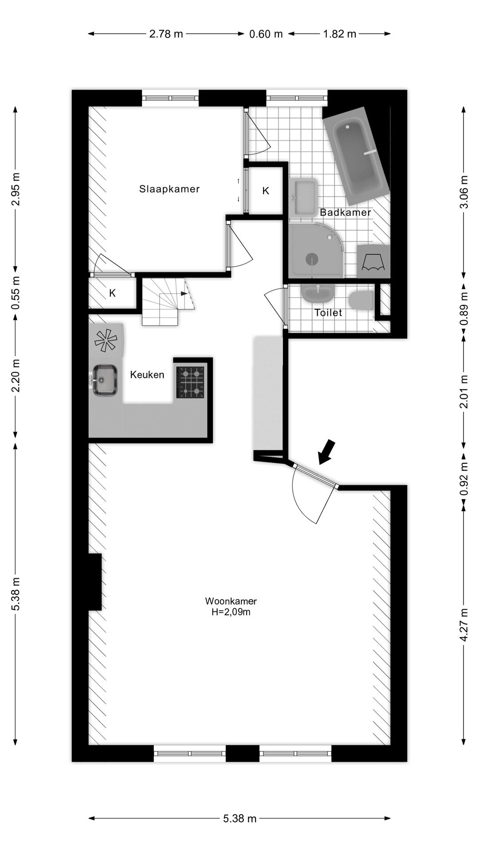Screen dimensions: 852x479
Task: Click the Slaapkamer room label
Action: [169, 189]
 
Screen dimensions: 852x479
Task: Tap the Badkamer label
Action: [345, 213]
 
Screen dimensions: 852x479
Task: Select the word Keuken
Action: [147, 375]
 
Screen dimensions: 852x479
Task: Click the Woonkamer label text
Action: [231, 601]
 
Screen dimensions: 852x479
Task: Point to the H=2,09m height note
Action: [231, 612]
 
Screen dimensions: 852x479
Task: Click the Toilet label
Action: [328, 313]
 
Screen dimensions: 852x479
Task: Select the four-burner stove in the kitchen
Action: [191, 382]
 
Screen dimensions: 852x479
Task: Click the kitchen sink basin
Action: [105, 380]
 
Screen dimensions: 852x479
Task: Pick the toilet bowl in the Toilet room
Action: [360, 300]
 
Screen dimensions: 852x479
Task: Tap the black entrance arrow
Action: [327, 452]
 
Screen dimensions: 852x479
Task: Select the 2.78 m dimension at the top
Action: [166, 34]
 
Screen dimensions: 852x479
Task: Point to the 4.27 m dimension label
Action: [463, 625]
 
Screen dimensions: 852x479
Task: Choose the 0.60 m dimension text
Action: [266, 34]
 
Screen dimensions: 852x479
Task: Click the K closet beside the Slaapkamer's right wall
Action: [265, 191]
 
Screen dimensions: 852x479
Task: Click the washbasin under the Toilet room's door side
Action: [318, 293]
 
